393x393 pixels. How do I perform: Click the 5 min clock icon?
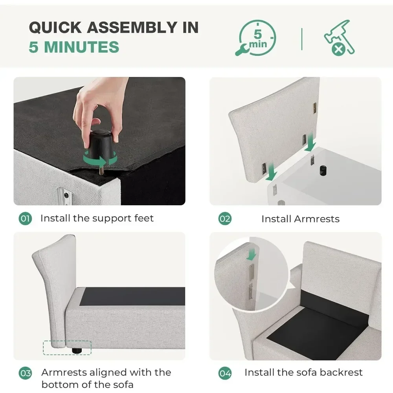pos(256,38)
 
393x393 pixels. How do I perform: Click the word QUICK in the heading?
pos(55,28)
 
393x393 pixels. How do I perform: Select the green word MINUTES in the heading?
pos(81,47)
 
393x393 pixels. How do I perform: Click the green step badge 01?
pos(25,218)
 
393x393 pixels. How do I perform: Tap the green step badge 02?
pos(225,219)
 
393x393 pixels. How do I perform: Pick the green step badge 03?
pos(25,373)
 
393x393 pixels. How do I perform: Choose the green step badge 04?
pos(225,373)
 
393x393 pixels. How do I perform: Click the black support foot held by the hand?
pos(100,145)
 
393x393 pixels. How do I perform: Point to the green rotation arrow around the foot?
pos(100,158)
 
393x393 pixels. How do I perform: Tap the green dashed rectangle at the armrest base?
pos(67,348)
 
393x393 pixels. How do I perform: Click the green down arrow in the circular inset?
pos(252,254)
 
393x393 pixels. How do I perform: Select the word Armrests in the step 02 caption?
pos(317,219)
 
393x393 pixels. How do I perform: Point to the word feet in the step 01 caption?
pos(144,218)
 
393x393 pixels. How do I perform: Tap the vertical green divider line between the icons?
pos(302,39)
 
